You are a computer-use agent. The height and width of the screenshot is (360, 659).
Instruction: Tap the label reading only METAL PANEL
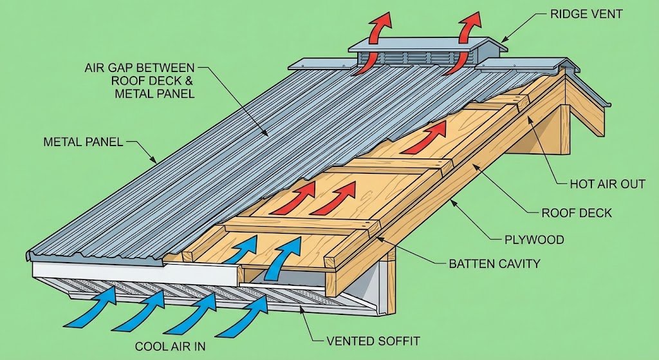pos(83,142)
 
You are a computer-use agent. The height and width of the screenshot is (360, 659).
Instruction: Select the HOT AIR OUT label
pos(608,184)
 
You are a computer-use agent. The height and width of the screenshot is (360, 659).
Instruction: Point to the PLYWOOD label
pos(534,240)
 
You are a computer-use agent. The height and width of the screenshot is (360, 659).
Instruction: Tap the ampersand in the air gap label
pos(186,81)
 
